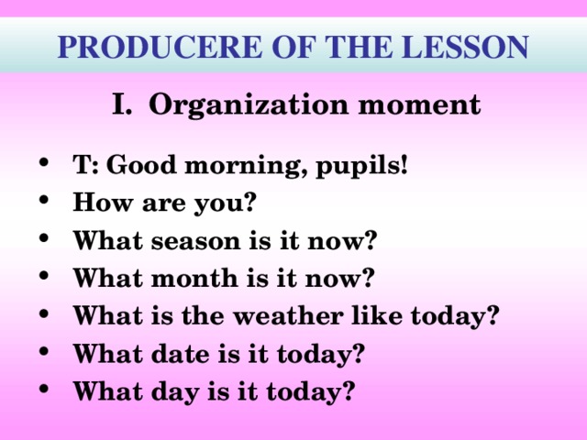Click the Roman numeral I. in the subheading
click(124, 104)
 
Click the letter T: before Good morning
click(87, 168)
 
